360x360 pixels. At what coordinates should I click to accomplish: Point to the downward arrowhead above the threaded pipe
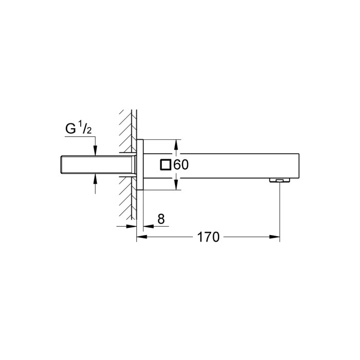pyautogui.click(x=96, y=150)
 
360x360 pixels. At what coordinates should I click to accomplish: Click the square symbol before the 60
pyautogui.click(x=166, y=165)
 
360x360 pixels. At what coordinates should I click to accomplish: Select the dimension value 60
pyautogui.click(x=182, y=165)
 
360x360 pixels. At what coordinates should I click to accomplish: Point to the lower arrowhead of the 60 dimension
pyautogui.click(x=176, y=186)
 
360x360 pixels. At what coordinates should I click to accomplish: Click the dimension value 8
pyautogui.click(x=160, y=220)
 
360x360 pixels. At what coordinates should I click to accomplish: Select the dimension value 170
pyautogui.click(x=208, y=238)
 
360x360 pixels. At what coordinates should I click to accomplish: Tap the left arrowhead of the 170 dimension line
pyautogui.click(x=141, y=238)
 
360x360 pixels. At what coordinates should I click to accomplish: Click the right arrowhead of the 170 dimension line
pyautogui.click(x=275, y=238)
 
